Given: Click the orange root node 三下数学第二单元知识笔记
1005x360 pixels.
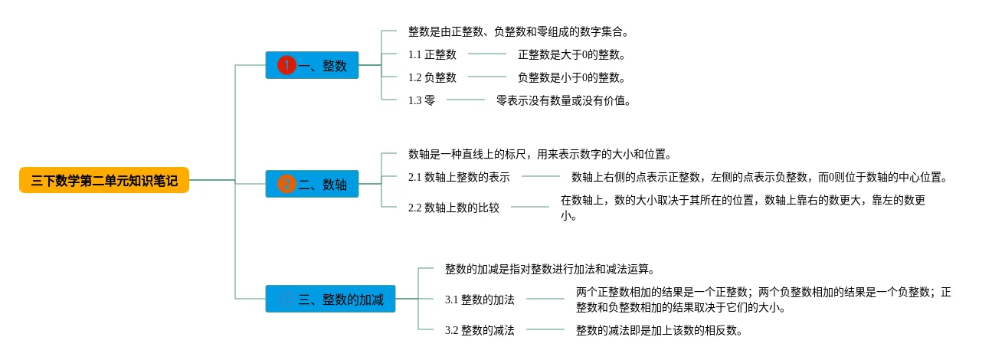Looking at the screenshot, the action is point(104,180).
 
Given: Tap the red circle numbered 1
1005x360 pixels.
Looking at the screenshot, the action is point(286,65).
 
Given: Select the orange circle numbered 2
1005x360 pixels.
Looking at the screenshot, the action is point(286,184).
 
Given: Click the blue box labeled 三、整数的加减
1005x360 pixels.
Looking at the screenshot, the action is point(330,299).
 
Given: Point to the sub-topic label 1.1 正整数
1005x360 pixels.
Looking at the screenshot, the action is point(432,54).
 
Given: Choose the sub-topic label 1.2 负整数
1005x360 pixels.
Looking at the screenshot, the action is point(432,77).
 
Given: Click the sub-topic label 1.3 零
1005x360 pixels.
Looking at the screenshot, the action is point(421,100).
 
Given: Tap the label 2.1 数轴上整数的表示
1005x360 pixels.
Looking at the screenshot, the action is point(459,177).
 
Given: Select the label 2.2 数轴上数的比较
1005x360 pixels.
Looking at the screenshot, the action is point(453,208).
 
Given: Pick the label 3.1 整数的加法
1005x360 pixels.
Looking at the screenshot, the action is point(480,299).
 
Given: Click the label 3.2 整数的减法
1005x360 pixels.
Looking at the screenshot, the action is point(480,330).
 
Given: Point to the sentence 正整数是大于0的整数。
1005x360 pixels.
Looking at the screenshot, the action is point(571,54).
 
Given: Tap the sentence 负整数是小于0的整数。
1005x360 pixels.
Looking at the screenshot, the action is point(571,77).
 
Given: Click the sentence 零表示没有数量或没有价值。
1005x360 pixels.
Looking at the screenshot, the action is point(564,100).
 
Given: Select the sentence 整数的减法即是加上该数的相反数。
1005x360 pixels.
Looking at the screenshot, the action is point(659,330).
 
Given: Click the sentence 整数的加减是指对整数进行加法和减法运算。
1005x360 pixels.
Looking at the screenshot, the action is point(550,270).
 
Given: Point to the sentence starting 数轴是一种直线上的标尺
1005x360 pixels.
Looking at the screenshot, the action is point(540,155).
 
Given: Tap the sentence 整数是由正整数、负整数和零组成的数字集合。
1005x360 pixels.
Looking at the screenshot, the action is point(518,32).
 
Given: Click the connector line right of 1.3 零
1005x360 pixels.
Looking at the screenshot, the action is point(466,100).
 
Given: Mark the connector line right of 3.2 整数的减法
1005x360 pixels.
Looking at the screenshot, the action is point(545,329).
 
